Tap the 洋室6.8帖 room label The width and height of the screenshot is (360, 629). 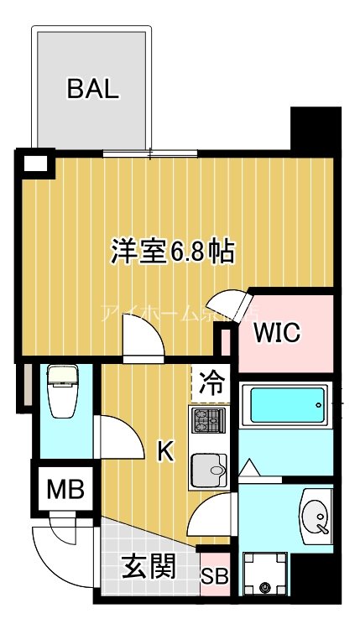(x=173, y=251)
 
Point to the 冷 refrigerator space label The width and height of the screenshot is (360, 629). (x=212, y=384)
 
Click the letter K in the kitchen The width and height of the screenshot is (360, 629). (x=167, y=452)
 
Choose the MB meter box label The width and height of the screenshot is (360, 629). (x=65, y=489)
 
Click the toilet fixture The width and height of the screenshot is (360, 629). (x=63, y=391)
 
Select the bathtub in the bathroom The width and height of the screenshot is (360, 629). (x=284, y=406)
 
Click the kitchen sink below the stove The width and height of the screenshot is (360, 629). (x=208, y=472)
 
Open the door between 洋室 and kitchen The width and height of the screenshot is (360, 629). (x=141, y=340)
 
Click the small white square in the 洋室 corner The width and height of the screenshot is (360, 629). (x=34, y=163)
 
